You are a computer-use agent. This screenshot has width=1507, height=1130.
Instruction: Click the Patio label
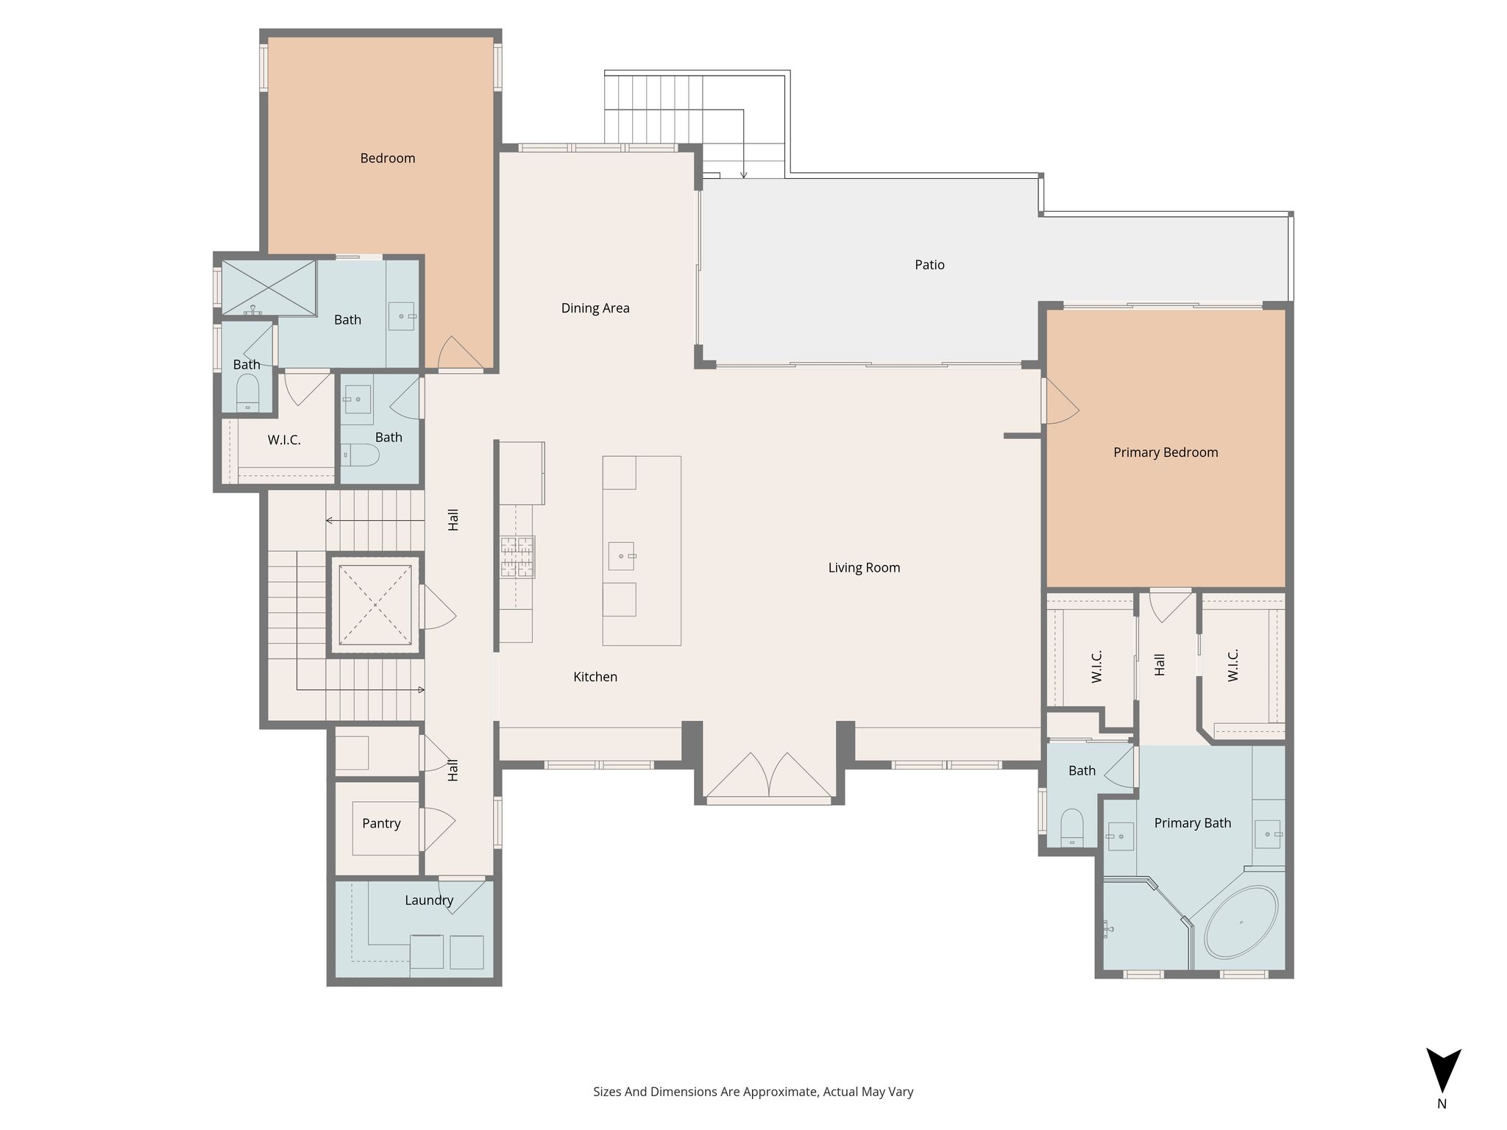pyautogui.click(x=929, y=265)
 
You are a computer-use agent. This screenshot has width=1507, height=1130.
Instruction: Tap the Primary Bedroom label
pyautogui.click(x=1166, y=452)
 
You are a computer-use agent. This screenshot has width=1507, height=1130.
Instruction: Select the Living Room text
pyautogui.click(x=864, y=568)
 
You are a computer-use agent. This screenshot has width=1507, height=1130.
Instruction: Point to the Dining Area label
pyautogui.click(x=595, y=308)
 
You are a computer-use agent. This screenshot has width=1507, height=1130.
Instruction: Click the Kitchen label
pyautogui.click(x=595, y=677)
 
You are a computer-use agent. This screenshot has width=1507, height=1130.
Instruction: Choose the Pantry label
pyautogui.click(x=381, y=824)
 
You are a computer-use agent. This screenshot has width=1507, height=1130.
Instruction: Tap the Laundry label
pyautogui.click(x=429, y=900)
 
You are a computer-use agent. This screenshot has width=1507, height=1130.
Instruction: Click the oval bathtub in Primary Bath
pyautogui.click(x=1241, y=922)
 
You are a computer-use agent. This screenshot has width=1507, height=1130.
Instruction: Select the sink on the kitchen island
pyautogui.click(x=621, y=556)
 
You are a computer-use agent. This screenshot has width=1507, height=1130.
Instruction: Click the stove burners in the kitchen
pyautogui.click(x=518, y=557)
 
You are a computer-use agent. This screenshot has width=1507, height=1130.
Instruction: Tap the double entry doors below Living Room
pyautogui.click(x=769, y=775)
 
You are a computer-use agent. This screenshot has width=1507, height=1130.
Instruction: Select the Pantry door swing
pyautogui.click(x=438, y=831)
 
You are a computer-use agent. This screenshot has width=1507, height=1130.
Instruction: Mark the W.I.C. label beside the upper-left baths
pyautogui.click(x=284, y=440)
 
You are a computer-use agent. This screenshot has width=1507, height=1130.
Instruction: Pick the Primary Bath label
pyautogui.click(x=1192, y=823)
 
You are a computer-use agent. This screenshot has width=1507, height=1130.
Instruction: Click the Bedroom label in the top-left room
pyautogui.click(x=388, y=158)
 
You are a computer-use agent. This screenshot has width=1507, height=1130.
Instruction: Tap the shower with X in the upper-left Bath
pyautogui.click(x=269, y=288)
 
